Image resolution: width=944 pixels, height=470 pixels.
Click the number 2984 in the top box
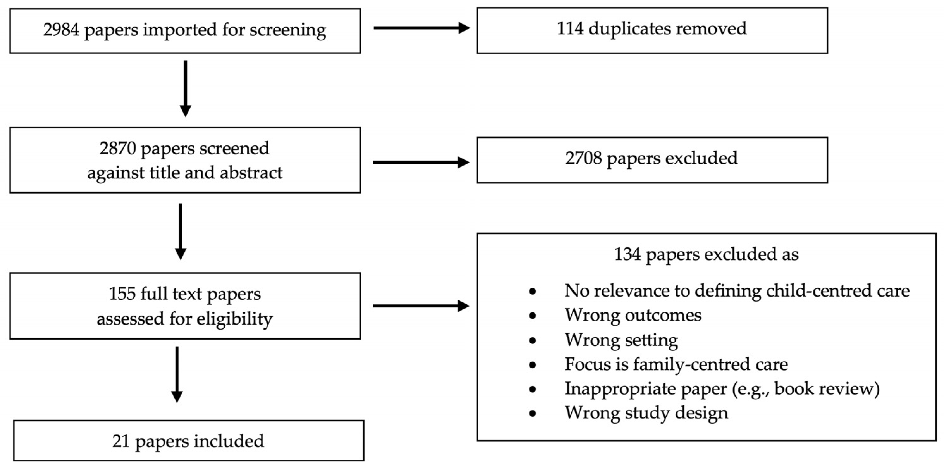[61, 30]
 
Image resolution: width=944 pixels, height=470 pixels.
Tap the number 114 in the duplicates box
[570, 28]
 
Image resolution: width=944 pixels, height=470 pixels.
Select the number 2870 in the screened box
[118, 148]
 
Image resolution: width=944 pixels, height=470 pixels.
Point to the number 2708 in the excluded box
[583, 158]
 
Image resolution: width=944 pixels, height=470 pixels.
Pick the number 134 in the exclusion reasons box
[627, 254]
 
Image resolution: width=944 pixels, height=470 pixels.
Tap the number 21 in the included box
[121, 441]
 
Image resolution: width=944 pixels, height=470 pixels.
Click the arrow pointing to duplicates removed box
[422, 28]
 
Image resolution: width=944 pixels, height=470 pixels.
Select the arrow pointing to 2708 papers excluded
[422, 162]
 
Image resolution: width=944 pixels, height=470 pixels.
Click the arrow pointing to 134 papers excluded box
[422, 306]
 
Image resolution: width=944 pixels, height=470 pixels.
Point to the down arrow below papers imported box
[185, 88]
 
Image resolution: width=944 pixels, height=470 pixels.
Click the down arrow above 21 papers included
[177, 374]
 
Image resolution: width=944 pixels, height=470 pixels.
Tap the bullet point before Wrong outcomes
[533, 316]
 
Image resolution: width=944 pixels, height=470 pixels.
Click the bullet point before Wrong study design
[533, 413]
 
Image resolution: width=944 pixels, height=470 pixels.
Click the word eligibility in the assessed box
[235, 319]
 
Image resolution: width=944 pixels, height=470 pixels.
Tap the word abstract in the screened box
[251, 173]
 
